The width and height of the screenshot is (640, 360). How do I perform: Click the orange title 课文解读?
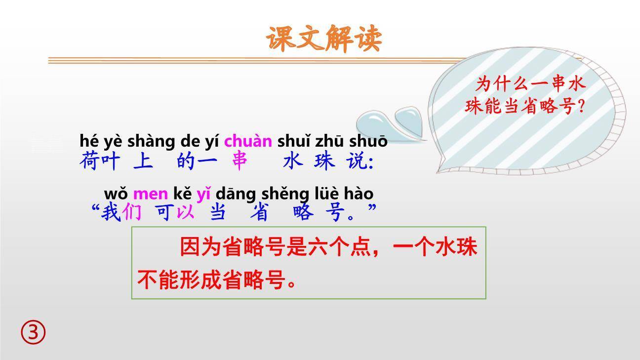(324, 39)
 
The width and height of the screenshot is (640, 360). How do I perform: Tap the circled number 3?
(33, 332)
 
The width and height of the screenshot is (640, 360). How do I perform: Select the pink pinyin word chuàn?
(248, 141)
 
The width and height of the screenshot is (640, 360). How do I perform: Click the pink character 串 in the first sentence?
(240, 161)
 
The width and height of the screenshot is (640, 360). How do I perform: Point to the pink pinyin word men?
(150, 194)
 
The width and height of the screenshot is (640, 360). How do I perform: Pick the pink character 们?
(132, 212)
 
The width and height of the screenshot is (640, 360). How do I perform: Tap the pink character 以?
(186, 212)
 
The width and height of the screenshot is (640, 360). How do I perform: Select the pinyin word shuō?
(368, 141)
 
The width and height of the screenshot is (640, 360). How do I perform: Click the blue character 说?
(357, 161)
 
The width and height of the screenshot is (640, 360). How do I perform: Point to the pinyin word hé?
(88, 141)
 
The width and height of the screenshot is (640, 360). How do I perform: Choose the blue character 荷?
(89, 161)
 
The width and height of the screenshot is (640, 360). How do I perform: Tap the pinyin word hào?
(359, 194)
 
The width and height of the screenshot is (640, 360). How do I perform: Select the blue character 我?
(111, 212)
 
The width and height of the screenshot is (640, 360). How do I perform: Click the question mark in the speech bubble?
(580, 106)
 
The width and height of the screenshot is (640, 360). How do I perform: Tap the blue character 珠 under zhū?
(324, 161)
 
